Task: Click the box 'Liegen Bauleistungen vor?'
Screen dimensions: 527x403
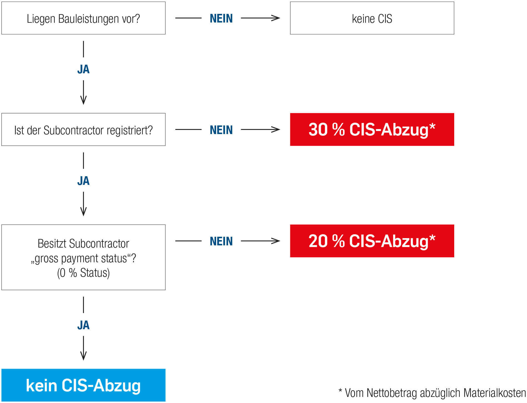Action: tap(83, 18)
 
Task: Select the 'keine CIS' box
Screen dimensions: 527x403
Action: tap(372, 18)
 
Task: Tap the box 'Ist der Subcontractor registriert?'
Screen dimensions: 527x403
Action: tap(83, 129)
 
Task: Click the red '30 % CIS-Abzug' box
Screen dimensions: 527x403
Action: tap(372, 129)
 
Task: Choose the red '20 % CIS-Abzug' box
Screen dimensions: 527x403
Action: tap(372, 241)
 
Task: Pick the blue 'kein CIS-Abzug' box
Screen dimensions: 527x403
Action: tap(83, 385)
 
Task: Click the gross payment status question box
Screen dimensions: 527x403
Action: tap(83, 257)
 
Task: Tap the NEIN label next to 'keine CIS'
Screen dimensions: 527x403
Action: tap(221, 18)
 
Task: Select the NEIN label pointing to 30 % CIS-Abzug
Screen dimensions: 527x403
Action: tap(221, 130)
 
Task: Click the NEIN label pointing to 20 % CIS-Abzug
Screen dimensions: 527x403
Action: tap(221, 241)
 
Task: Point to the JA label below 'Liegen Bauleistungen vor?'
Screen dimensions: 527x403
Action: tap(83, 69)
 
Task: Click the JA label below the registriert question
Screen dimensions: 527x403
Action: tap(83, 181)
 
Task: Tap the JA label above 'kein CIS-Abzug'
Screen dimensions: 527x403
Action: tap(83, 325)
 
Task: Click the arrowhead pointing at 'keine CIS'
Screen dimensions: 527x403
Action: tap(276, 18)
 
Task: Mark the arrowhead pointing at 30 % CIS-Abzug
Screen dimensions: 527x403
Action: tap(276, 129)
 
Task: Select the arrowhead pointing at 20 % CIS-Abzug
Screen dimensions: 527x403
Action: tap(276, 241)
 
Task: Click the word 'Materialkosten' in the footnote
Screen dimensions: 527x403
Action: tap(494, 393)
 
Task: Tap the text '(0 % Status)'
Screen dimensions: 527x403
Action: tap(83, 273)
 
